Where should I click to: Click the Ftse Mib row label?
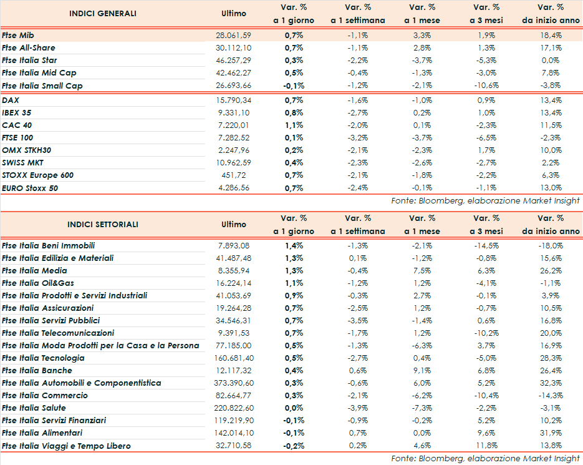tap(18, 36)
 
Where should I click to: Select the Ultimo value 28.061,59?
tap(234, 36)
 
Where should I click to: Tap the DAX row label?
tap(11, 100)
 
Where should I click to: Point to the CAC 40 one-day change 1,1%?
tap(294, 125)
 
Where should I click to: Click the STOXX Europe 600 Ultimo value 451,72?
tap(238, 175)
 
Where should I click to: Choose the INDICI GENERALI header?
tap(103, 14)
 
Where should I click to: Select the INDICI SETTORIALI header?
tap(103, 225)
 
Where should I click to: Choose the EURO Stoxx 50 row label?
tap(30, 188)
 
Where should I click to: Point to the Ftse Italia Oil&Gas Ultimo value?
tap(234, 283)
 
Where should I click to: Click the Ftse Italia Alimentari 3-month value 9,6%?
tap(486, 433)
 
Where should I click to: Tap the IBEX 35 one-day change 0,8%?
tap(294, 113)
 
